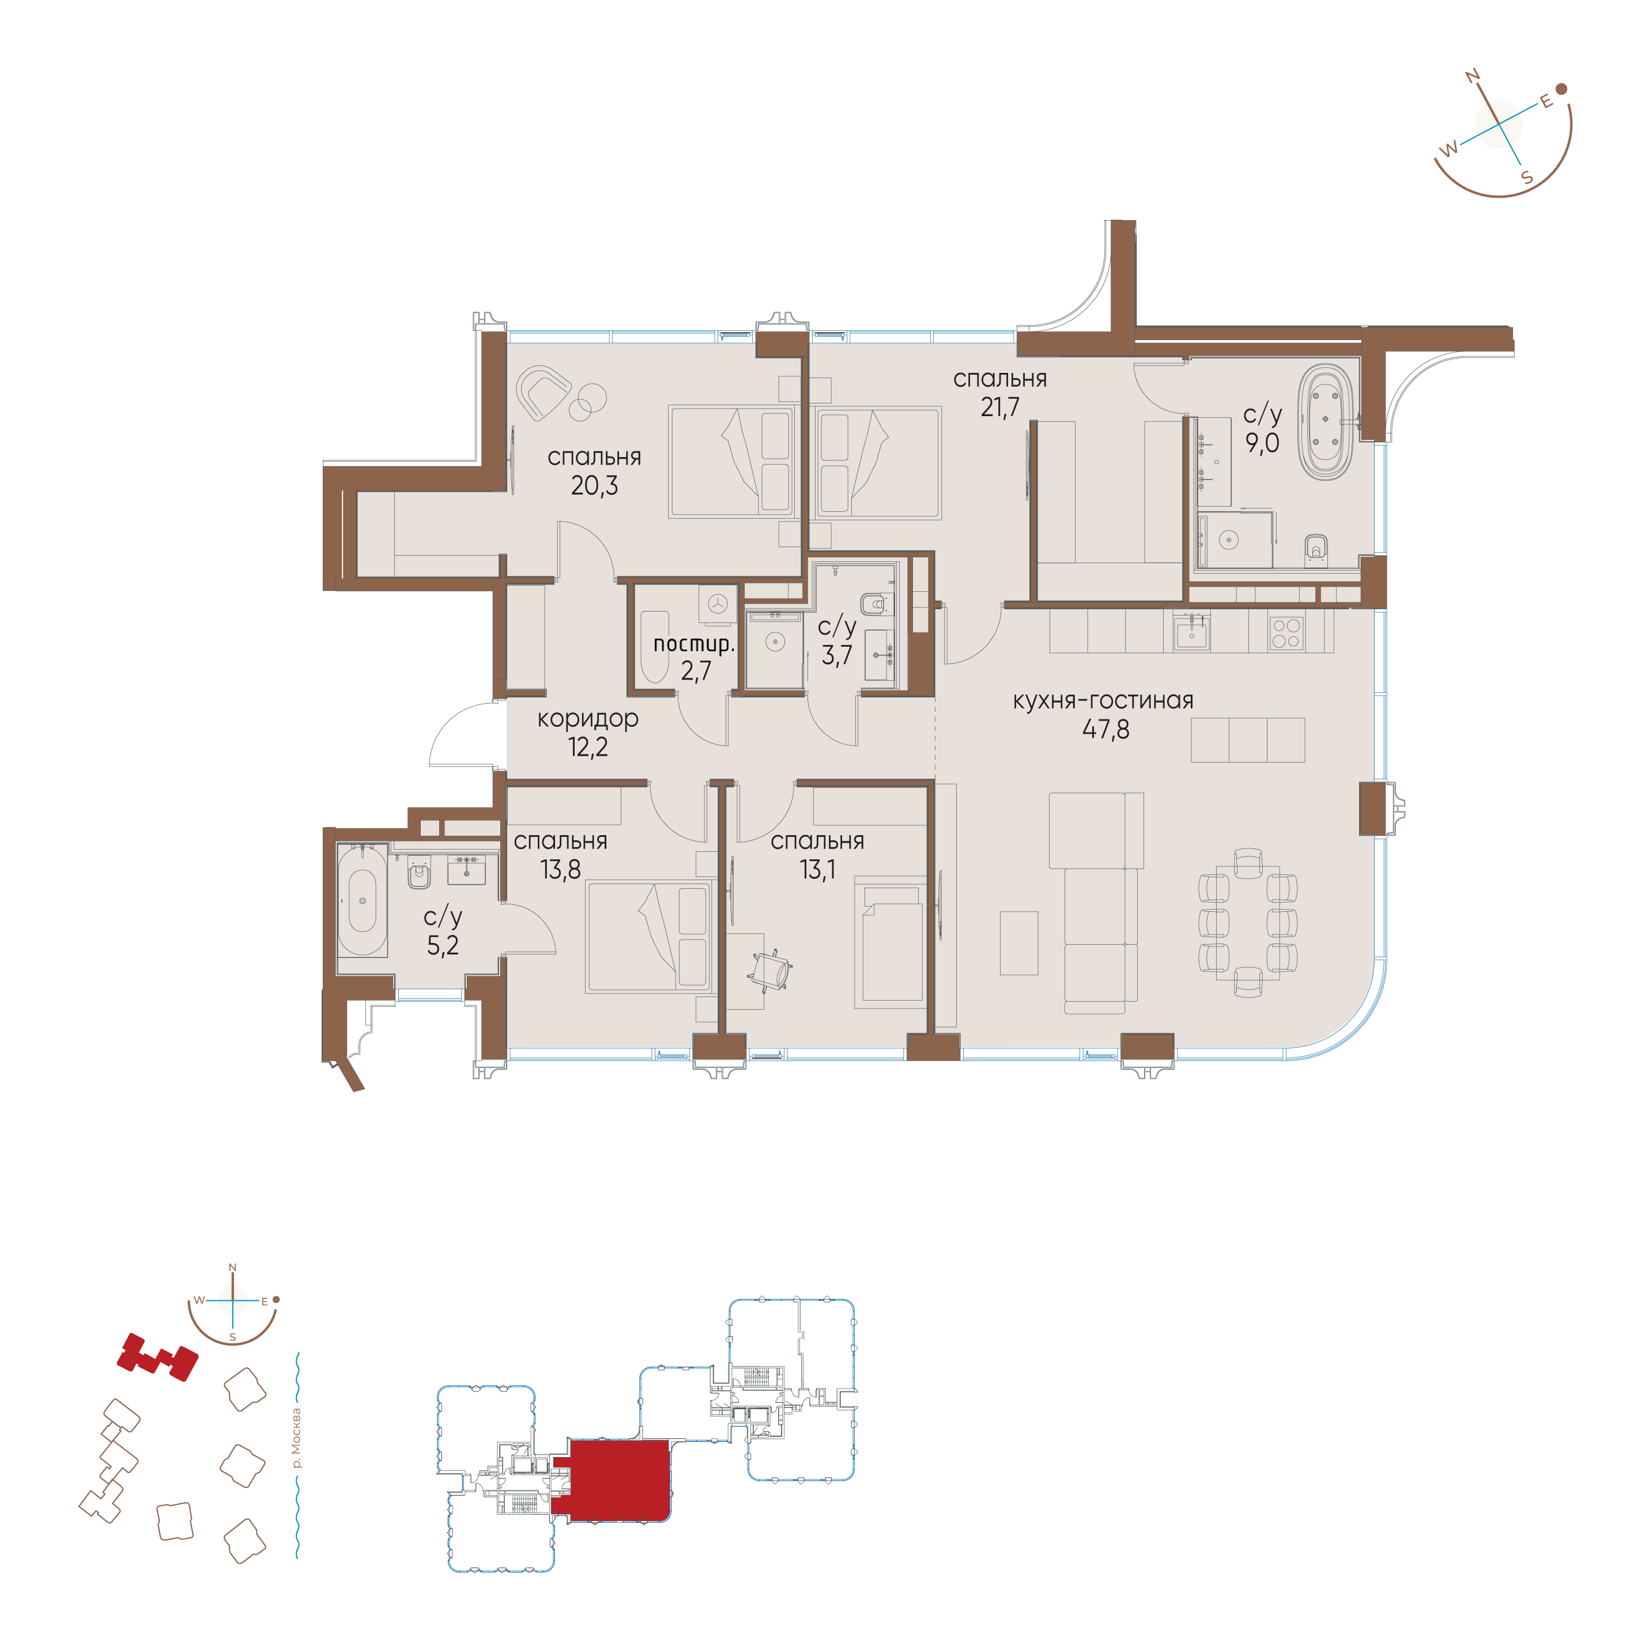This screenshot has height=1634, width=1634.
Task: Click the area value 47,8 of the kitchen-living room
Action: click(1105, 729)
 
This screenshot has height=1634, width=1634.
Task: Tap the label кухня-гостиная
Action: click(1103, 700)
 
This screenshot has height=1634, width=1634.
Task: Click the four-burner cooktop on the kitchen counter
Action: click(1285, 633)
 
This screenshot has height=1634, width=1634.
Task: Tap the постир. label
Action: click(693, 644)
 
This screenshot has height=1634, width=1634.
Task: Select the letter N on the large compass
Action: click(1473, 78)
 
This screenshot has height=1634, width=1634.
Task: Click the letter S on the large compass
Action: click(1527, 178)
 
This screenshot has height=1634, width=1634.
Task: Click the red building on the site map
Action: click(157, 1357)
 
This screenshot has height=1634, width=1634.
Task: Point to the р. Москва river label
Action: click(295, 1438)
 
